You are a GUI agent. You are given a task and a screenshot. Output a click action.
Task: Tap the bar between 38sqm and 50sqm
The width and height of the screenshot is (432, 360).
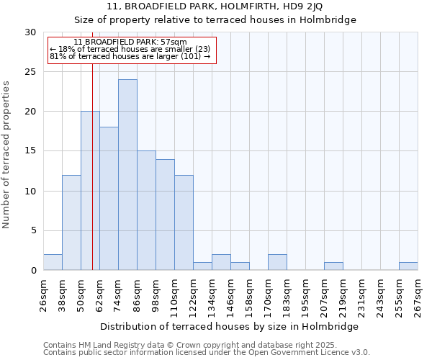pos(71,222)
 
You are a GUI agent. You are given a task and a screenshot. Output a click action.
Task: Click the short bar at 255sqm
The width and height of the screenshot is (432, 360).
pos(408,266)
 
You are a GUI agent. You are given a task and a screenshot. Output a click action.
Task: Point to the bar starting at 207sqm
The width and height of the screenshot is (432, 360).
pos(333,266)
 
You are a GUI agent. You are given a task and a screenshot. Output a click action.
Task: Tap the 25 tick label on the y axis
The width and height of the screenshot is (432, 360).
pos(30,72)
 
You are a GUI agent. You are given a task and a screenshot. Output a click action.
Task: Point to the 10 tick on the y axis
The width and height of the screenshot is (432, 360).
pos(30,191)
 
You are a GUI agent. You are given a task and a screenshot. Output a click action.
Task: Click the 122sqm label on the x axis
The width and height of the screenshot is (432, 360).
pos(193,294)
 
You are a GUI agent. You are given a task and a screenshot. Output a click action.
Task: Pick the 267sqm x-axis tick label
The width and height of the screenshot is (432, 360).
pos(418,294)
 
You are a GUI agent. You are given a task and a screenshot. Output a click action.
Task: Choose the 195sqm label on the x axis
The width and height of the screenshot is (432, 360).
pos(305,294)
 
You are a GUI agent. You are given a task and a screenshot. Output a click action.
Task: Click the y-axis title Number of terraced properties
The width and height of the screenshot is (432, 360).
pos(6,155)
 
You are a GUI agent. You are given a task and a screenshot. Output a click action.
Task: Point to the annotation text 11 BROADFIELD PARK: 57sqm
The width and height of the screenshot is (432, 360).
pos(130,42)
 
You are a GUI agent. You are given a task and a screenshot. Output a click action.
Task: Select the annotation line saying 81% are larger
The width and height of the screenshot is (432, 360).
pos(130,56)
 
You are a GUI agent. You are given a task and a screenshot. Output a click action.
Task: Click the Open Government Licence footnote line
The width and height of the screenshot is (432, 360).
pos(207,352)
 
